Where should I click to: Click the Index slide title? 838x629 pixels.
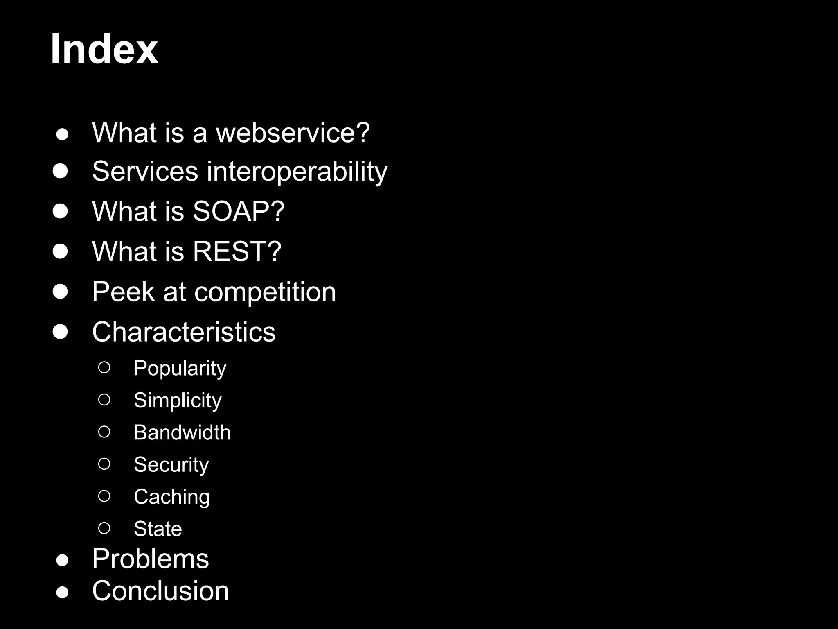tap(104, 50)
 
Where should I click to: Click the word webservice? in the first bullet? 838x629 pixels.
tap(293, 133)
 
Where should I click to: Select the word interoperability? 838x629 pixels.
tap(297, 171)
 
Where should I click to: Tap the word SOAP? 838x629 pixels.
tap(238, 211)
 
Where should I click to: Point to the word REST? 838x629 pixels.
tap(237, 251)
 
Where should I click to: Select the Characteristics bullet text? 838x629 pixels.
tap(184, 332)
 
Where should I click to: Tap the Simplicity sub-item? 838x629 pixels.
tap(178, 400)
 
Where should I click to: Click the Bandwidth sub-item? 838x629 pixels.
tap(182, 432)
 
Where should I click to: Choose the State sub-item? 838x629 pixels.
tap(158, 529)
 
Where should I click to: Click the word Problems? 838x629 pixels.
tap(150, 559)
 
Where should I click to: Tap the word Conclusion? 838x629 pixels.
tap(160, 591)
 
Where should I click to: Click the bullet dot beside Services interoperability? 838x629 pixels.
tap(60, 171)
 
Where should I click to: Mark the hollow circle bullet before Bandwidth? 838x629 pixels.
tap(104, 432)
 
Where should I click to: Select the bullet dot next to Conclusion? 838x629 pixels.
tap(62, 592)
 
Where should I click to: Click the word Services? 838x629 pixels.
tap(145, 171)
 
